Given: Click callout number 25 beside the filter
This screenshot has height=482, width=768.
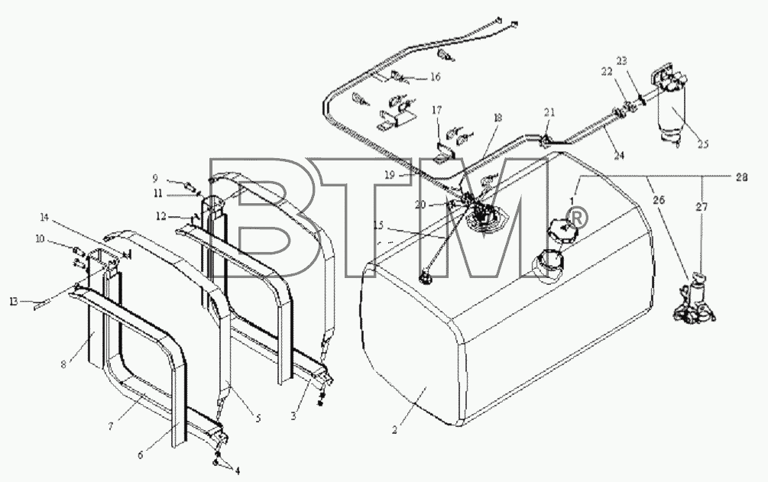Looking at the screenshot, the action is click(703, 144).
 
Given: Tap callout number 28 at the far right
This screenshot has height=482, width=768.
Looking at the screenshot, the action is click(741, 178).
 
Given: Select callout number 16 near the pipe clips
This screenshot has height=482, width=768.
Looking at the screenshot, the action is click(436, 77).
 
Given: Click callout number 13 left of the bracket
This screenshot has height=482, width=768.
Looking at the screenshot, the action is click(13, 302).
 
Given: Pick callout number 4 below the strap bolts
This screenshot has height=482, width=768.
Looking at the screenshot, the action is click(237, 471).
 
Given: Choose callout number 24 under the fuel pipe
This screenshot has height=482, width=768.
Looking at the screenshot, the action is click(619, 155).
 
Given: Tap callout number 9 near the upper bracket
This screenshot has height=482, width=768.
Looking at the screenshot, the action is click(155, 178).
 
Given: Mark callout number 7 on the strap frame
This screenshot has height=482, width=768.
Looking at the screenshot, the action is click(111, 427).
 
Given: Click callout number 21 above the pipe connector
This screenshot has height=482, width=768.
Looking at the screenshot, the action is click(549, 112).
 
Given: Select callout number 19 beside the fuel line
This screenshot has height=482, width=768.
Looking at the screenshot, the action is click(390, 175).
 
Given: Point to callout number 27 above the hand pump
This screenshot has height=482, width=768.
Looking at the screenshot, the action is click(702, 208).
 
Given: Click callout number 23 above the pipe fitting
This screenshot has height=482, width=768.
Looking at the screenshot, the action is click(621, 61).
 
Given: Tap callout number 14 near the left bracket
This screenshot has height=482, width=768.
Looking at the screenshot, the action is click(44, 216).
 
